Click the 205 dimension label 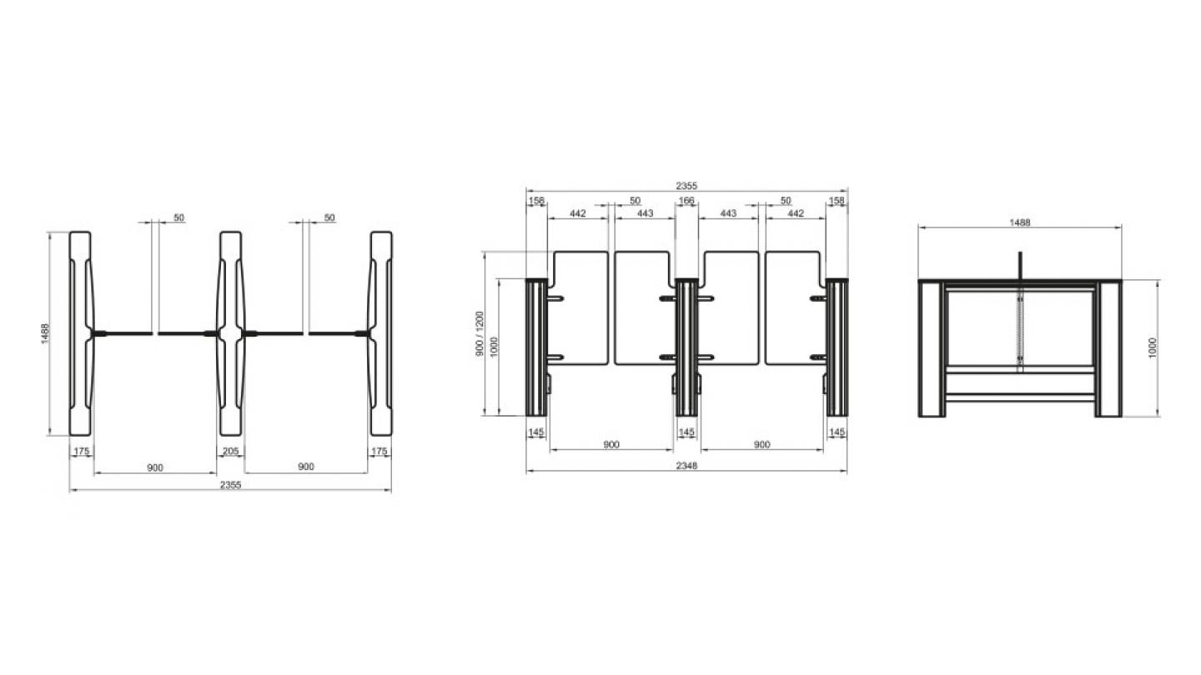click(x=230, y=451)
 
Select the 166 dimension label click(x=686, y=200)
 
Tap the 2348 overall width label click(x=686, y=466)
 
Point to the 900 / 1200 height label click(x=480, y=333)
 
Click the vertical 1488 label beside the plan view click(x=46, y=333)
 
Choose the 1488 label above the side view click(x=1020, y=222)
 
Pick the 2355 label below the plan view click(x=230, y=485)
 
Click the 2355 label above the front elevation click(x=686, y=186)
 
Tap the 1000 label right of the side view click(x=1153, y=347)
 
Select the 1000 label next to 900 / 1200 click(x=495, y=347)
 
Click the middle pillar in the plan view click(x=230, y=333)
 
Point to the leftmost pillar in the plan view click(x=80, y=333)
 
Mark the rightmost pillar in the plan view click(x=380, y=333)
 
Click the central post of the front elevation click(x=686, y=347)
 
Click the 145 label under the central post click(x=686, y=432)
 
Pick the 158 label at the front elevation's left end click(x=536, y=200)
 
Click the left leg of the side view click(x=932, y=348)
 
